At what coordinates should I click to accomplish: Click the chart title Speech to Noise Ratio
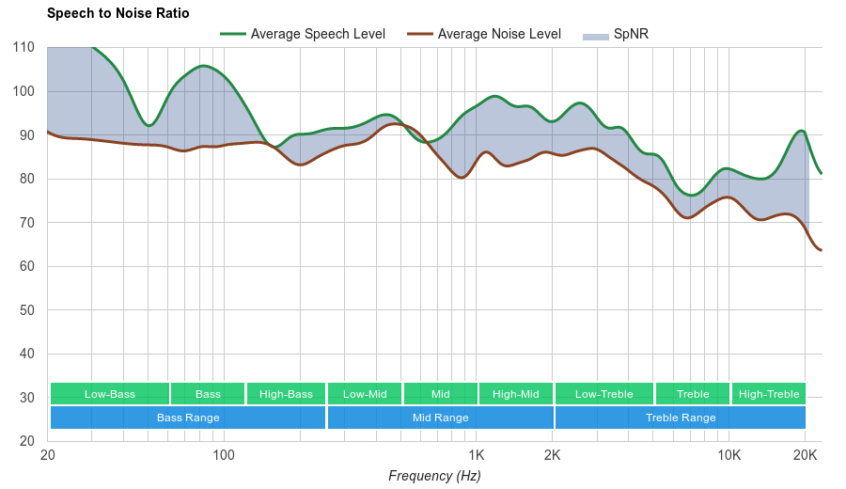pyautogui.click(x=117, y=13)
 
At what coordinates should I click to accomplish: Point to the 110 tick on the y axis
pyautogui.click(x=23, y=48)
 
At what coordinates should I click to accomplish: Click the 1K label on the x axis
pyautogui.click(x=476, y=455)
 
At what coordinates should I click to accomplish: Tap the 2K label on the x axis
pyautogui.click(x=552, y=455)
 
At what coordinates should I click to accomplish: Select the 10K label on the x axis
pyautogui.click(x=728, y=455)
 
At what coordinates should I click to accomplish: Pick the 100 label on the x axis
pyautogui.click(x=224, y=455)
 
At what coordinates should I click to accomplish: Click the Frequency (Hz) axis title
pyautogui.click(x=434, y=476)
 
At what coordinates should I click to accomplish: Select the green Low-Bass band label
pyautogui.click(x=110, y=394)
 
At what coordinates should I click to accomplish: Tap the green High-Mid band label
pyautogui.click(x=516, y=394)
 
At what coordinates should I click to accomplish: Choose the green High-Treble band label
pyautogui.click(x=769, y=394)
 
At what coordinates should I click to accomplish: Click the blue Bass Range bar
pyautogui.click(x=188, y=418)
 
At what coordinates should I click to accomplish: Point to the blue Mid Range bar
pyautogui.click(x=440, y=418)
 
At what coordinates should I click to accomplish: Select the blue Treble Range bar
pyautogui.click(x=681, y=418)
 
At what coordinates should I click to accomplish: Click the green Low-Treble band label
pyautogui.click(x=604, y=394)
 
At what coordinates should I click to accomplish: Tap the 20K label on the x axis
pyautogui.click(x=805, y=455)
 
